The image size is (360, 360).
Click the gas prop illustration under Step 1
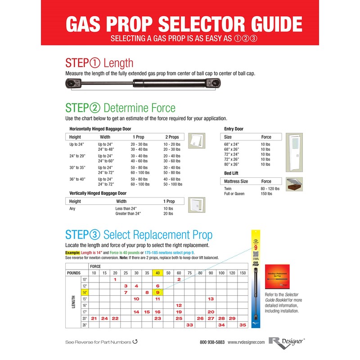click(x=144, y=83)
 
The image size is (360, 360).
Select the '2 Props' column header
click(x=172, y=137)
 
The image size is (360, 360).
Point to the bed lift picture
click(x=294, y=184)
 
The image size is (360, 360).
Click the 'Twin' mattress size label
click(x=229, y=189)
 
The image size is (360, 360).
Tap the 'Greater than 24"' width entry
click(x=128, y=214)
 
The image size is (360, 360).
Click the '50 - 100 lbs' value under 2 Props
click(x=173, y=184)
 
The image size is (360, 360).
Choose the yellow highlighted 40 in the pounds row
click(x=157, y=273)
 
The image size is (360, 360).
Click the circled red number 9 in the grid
click(x=158, y=292)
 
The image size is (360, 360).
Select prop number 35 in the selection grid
click(x=243, y=324)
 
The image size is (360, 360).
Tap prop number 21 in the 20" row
click(x=94, y=318)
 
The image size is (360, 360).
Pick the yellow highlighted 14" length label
click(x=83, y=292)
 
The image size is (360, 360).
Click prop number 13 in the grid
click(x=211, y=299)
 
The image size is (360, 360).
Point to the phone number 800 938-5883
click(x=212, y=342)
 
